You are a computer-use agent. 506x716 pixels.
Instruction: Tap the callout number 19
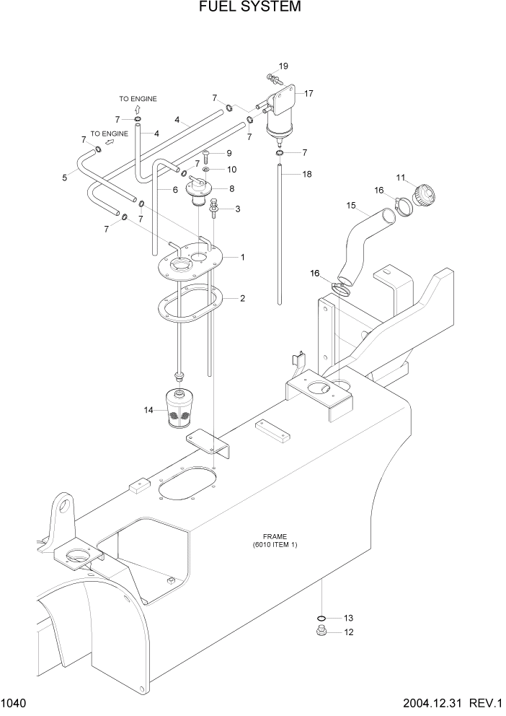pos(283,66)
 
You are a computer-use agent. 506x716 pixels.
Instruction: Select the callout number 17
pos(309,93)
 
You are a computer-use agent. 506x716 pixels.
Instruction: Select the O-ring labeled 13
pos(322,618)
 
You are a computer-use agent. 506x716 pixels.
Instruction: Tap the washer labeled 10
pos(207,170)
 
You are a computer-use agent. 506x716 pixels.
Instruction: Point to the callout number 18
pos(307,174)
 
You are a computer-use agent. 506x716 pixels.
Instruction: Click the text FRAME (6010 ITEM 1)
pos(275,541)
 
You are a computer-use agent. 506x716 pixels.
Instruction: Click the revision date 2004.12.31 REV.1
pos(447,702)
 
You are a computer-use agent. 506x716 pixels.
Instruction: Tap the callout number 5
pos(65,177)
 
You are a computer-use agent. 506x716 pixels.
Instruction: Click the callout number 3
pos(237,209)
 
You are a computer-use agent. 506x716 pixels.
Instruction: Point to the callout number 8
pos(231,188)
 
